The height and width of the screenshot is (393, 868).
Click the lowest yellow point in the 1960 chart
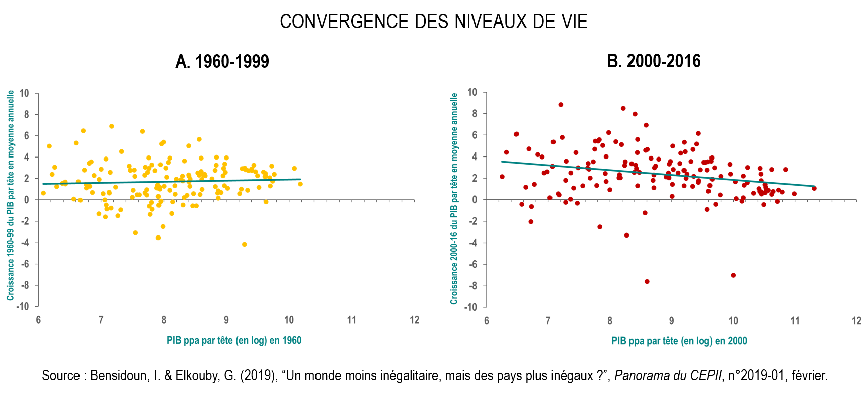pos(244,244)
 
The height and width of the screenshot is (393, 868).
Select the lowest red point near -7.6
pos(647,282)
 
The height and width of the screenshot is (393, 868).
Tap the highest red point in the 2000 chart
pos(561,105)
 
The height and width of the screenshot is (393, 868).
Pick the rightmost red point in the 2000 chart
pos(814,188)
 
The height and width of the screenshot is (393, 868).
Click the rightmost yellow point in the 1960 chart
pos(300,184)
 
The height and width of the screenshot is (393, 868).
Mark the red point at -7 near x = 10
pos(733,275)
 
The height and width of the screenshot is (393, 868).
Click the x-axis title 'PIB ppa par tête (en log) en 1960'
pos(234,341)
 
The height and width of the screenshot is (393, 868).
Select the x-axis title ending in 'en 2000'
pos(679,341)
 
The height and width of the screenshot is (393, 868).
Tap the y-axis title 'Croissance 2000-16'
pos(454,199)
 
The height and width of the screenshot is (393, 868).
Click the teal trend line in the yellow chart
pos(171,182)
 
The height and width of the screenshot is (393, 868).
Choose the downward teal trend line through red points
pos(654,174)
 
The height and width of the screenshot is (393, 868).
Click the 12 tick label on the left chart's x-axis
pos(414,320)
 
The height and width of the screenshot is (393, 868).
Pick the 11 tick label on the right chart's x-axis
pos(795,321)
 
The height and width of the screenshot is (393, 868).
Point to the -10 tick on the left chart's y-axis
pos(24,306)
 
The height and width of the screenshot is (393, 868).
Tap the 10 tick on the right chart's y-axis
pos(472,92)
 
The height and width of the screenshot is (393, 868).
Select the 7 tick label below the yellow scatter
pos(101,320)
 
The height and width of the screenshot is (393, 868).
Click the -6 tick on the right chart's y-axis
pos(472,264)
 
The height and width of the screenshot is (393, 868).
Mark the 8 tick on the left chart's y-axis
pos(26,115)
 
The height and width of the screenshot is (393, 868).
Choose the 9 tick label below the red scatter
pos(671,321)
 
